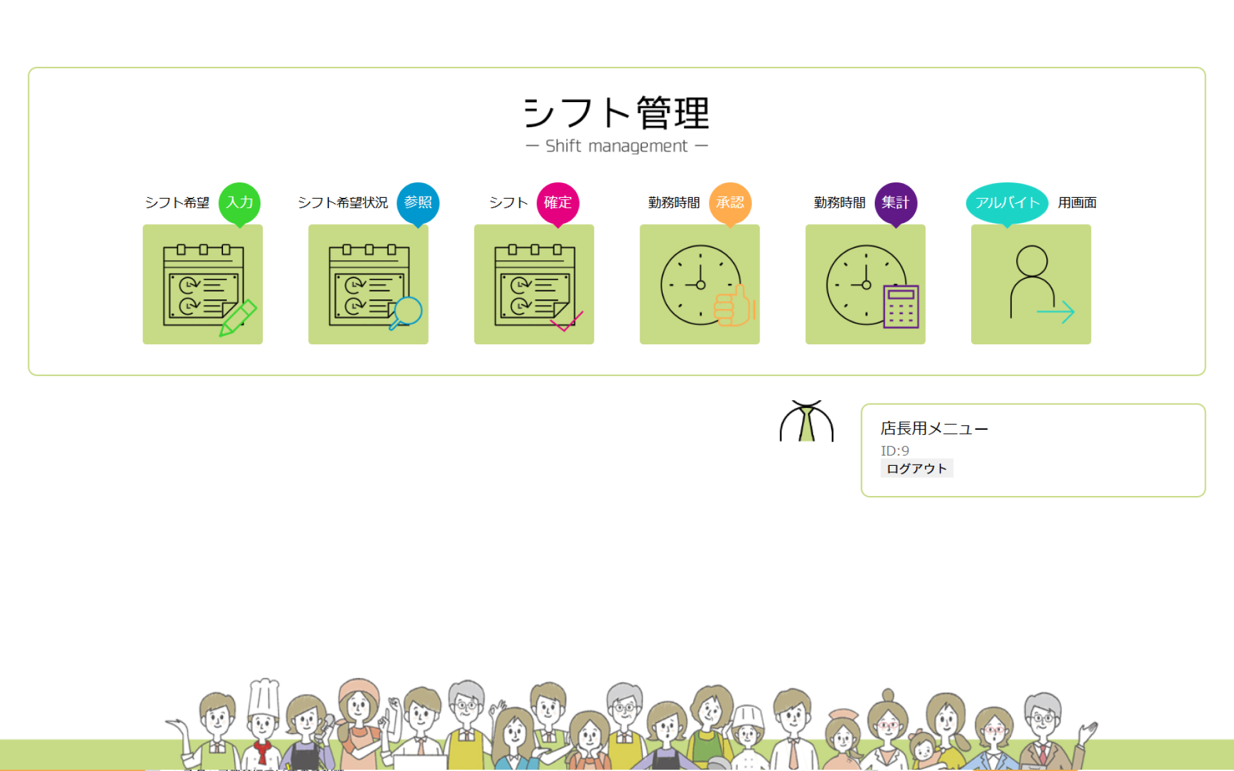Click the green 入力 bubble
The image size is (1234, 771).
pyautogui.click(x=239, y=202)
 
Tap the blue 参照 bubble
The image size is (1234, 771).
pyautogui.click(x=418, y=202)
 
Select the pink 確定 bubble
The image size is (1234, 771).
pyautogui.click(x=557, y=202)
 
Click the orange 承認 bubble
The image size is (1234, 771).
pyautogui.click(x=729, y=202)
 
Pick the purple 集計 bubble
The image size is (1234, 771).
pyautogui.click(x=895, y=202)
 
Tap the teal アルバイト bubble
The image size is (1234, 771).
pyautogui.click(x=1006, y=202)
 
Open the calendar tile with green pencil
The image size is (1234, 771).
pyautogui.click(x=202, y=284)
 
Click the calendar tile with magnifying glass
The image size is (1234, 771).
pyautogui.click(x=368, y=284)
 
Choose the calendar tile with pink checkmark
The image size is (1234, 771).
pyautogui.click(x=534, y=284)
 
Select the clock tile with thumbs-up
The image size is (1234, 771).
pyautogui.click(x=699, y=284)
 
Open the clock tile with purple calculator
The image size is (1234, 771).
pyautogui.click(x=865, y=284)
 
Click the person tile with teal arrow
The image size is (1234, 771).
pyautogui.click(x=1031, y=284)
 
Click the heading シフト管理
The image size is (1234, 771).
pyautogui.click(x=616, y=113)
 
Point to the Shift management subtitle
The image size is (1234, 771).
pyautogui.click(x=616, y=146)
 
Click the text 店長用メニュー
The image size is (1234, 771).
pyautogui.click(x=934, y=429)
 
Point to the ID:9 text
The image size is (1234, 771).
pyautogui.click(x=895, y=451)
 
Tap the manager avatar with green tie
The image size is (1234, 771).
pyautogui.click(x=807, y=422)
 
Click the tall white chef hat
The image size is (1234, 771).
pyautogui.click(x=264, y=697)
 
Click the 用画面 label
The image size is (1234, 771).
pyautogui.click(x=1077, y=203)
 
